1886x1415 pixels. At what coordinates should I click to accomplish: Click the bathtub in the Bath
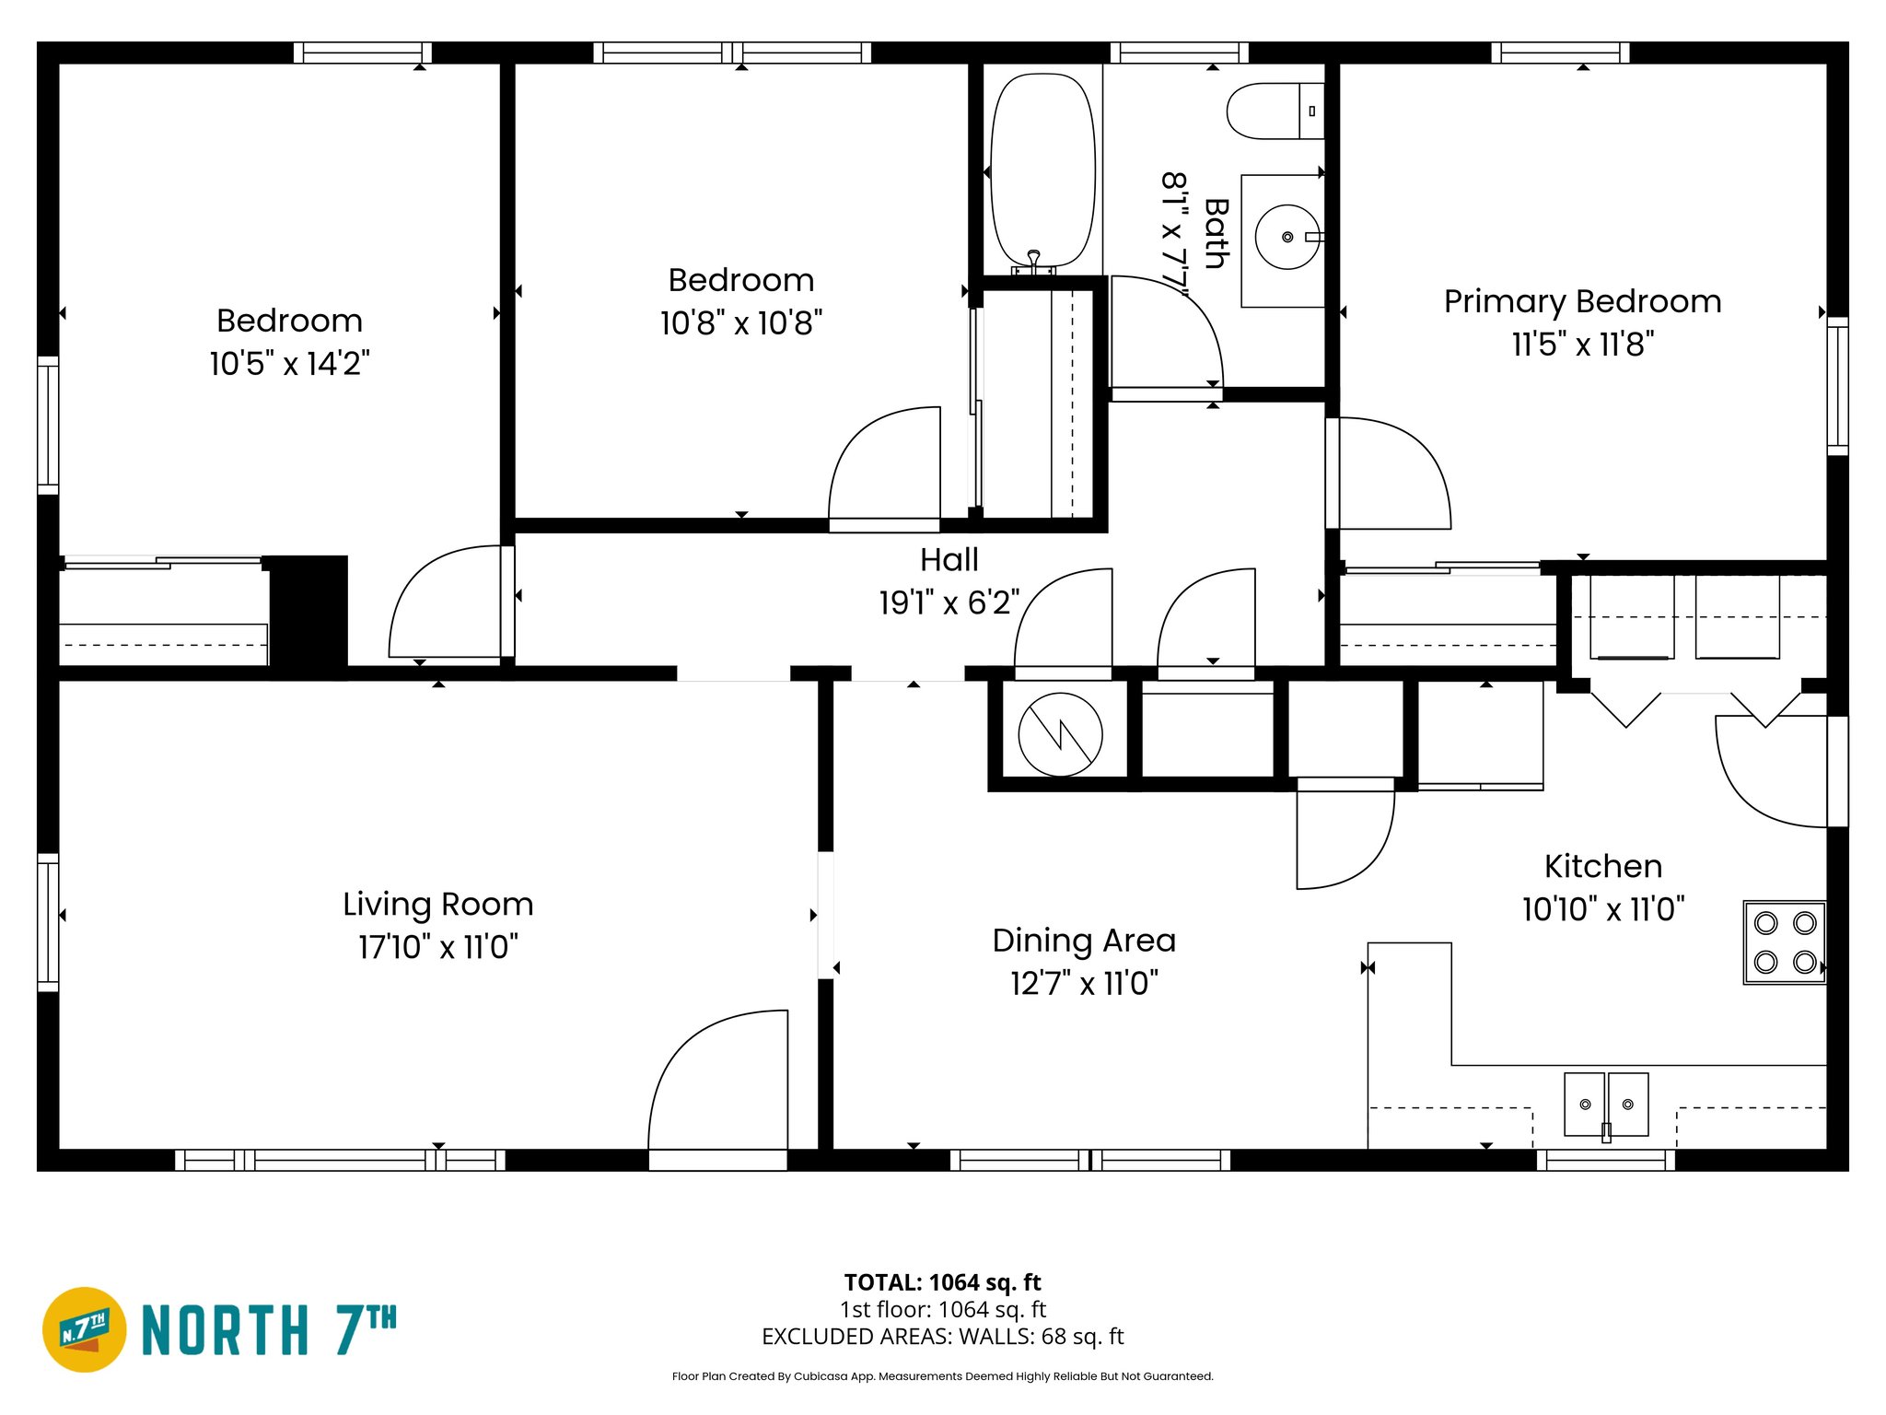click(1042, 170)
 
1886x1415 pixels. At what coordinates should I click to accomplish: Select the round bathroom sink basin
click(1286, 237)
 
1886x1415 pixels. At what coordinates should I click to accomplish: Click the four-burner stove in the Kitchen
click(1784, 942)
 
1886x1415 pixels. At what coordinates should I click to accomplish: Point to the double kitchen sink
click(1605, 1104)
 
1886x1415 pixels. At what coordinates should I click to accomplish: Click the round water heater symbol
click(1060, 734)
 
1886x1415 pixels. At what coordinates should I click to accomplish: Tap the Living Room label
click(437, 904)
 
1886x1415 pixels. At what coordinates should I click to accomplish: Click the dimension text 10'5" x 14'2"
click(289, 364)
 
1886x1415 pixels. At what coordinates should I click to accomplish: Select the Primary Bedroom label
click(1581, 301)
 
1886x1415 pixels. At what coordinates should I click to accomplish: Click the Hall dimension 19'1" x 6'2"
click(949, 602)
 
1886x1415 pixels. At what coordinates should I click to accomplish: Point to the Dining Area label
click(1083, 941)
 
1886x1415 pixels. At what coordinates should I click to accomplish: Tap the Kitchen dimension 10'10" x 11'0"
click(1602, 909)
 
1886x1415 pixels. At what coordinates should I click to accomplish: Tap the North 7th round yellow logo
click(85, 1329)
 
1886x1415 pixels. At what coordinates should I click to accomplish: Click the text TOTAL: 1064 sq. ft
click(942, 1282)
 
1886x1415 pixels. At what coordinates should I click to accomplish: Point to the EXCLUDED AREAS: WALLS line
click(942, 1336)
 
